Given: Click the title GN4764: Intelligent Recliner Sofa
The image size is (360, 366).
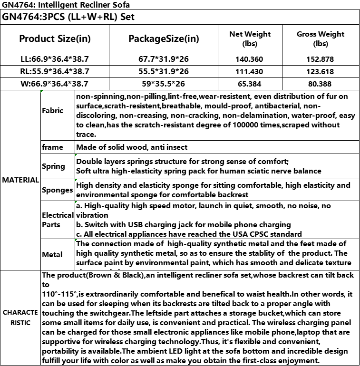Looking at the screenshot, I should (66, 5).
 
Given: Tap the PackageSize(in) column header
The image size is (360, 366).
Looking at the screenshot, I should (164, 39).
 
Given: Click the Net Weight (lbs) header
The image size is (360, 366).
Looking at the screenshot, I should (250, 39).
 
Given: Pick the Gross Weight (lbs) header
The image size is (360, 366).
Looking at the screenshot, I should (320, 39).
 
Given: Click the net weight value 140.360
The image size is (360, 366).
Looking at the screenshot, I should (250, 59).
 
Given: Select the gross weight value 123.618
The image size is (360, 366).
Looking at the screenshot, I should (320, 71).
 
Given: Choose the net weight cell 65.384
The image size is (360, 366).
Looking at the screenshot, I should (250, 84).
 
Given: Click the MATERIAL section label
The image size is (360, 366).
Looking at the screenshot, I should (20, 180).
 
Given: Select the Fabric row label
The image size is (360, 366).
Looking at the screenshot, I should (52, 111).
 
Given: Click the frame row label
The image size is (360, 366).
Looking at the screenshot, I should (52, 147).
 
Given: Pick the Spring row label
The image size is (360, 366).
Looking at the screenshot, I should (53, 166).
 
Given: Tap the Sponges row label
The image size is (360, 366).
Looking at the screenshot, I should (58, 190).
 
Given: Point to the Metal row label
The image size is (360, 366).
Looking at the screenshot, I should (52, 254).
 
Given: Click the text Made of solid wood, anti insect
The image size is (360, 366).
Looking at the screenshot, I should (132, 147).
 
